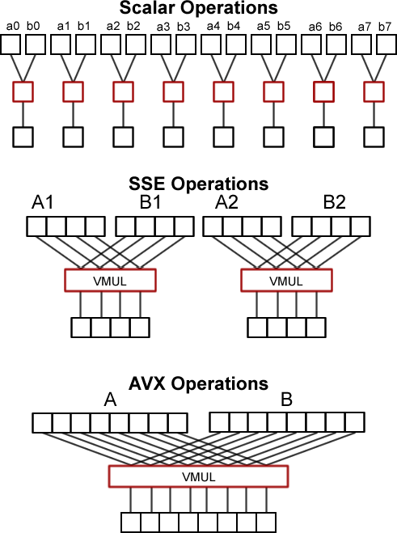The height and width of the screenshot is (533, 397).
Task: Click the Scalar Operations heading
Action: [199, 9]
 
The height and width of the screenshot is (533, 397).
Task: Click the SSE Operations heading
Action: [199, 184]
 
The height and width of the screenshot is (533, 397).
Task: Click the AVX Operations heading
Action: [199, 383]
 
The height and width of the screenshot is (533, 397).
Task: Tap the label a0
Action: [13, 27]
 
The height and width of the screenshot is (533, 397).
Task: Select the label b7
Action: [384, 27]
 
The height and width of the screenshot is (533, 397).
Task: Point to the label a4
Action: [213, 27]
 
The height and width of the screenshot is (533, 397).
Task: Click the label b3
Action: [184, 27]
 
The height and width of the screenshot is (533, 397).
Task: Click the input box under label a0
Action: [13, 44]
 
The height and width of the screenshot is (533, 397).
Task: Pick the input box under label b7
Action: [384, 44]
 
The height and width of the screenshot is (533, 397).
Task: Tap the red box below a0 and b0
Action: [23, 91]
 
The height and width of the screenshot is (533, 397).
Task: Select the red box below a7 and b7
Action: [374, 91]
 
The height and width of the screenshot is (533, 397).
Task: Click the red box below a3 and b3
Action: [173, 91]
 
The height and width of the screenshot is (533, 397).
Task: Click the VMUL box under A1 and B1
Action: [109, 281]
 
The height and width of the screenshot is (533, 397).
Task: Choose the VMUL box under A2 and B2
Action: [286, 281]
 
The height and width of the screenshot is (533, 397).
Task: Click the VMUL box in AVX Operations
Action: [198, 476]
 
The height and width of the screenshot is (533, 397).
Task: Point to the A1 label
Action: [43, 203]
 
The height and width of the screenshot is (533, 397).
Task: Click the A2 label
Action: [226, 203]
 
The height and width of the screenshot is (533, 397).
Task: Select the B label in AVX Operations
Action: [286, 400]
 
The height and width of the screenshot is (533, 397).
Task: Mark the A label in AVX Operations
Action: [111, 400]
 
